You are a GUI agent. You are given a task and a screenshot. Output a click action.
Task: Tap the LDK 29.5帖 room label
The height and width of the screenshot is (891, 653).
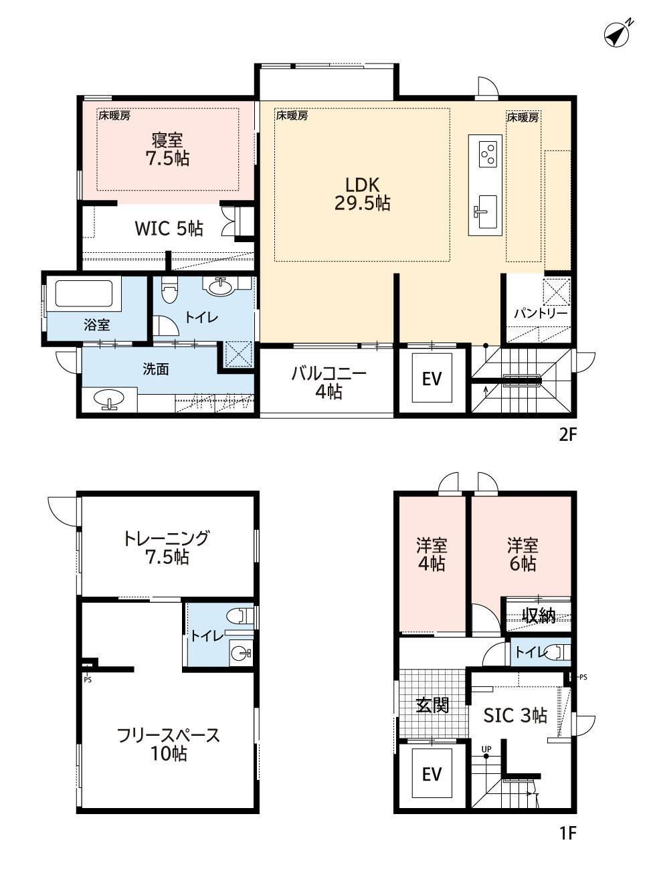pyautogui.click(x=362, y=194)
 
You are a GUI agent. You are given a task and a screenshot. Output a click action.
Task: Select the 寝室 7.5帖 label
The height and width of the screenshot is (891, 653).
pyautogui.click(x=167, y=149)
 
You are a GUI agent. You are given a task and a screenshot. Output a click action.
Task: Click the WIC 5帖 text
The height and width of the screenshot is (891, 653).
pyautogui.click(x=169, y=229)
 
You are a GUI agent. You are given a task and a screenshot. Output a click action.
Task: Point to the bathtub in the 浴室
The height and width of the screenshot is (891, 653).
pyautogui.click(x=84, y=294)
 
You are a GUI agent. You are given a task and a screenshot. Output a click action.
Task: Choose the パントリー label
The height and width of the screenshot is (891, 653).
pyautogui.click(x=541, y=314)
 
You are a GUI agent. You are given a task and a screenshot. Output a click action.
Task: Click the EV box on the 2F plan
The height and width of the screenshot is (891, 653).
pyautogui.click(x=432, y=379)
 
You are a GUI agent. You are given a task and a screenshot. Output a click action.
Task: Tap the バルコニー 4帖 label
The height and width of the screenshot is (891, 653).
pyautogui.click(x=329, y=383)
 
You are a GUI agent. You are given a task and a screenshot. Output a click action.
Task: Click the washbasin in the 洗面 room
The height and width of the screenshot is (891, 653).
pyautogui.click(x=108, y=399)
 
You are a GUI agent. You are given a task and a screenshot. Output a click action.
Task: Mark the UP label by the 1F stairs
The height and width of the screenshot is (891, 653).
pyautogui.click(x=486, y=749)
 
